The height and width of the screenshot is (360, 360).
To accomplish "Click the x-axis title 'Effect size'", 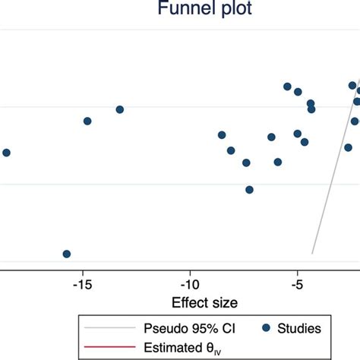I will [x=204, y=302].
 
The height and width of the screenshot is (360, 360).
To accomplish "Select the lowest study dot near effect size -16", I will [x=67, y=254].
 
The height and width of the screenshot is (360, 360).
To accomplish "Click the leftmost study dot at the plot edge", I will [x=6, y=153].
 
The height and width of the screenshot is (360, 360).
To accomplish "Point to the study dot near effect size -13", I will [x=119, y=109].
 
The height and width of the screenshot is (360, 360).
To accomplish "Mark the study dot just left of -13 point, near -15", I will [x=87, y=121].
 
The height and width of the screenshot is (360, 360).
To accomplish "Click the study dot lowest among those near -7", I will [x=249, y=190].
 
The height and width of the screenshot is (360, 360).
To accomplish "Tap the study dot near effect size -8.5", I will [x=222, y=135].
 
